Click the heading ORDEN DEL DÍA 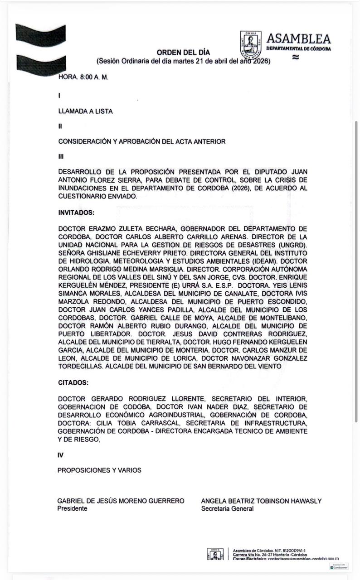pyautogui.click(x=183, y=53)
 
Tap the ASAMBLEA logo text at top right pyautogui.click(x=298, y=39)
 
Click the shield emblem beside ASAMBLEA pyautogui.click(x=251, y=44)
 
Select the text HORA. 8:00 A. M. pyautogui.click(x=83, y=77)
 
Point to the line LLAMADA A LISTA pyautogui.click(x=86, y=111)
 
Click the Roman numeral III pyautogui.click(x=61, y=157)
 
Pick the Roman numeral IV pyautogui.click(x=60, y=455)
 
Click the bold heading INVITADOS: pyautogui.click(x=76, y=213)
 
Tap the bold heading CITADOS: pyautogui.click(x=73, y=382)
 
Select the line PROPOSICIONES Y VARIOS pyautogui.click(x=99, y=470)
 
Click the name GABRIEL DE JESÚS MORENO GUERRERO pyautogui.click(x=121, y=501)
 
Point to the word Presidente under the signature pyautogui.click(x=72, y=508)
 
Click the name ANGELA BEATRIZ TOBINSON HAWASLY pyautogui.click(x=261, y=501)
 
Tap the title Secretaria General pyautogui.click(x=227, y=508)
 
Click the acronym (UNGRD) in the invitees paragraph pyautogui.click(x=292, y=245)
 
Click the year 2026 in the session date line pyautogui.click(x=259, y=61)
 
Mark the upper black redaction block pyautogui.click(x=40, y=35)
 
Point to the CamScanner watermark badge pyautogui.click(x=339, y=567)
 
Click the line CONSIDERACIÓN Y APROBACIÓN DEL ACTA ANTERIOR pyautogui.click(x=142, y=142)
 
